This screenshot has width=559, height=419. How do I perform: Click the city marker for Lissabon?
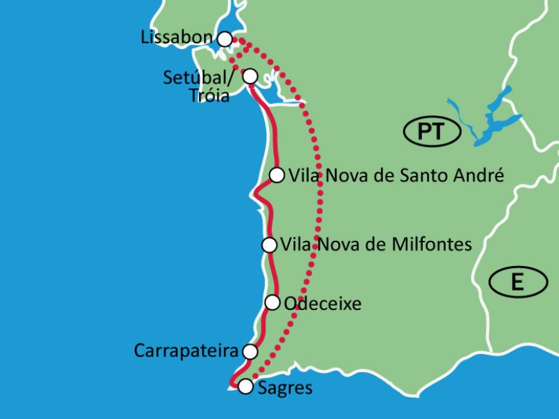click(224, 39)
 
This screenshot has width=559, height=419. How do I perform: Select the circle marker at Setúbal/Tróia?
click(249, 75)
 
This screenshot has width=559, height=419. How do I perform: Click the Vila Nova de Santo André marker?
click(277, 175)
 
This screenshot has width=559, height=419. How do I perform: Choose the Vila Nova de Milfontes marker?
click(269, 244)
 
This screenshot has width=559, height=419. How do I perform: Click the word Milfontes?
click(435, 244)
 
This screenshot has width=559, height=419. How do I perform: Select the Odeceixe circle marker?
click(273, 302)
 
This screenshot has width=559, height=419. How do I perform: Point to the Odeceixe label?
click(323, 303)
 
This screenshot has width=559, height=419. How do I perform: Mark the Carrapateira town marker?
click(249, 351)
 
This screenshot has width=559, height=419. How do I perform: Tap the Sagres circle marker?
click(245, 387)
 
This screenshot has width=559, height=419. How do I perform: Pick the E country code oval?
click(517, 281)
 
